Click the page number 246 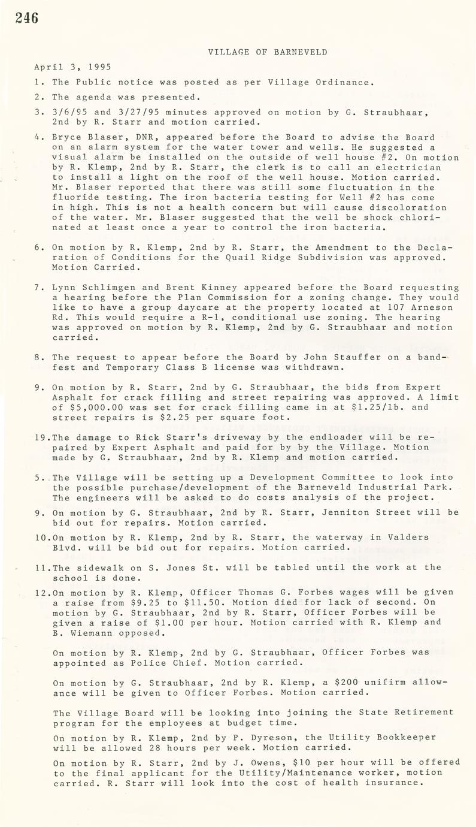tap(27, 19)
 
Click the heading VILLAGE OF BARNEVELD tap(268, 52)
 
